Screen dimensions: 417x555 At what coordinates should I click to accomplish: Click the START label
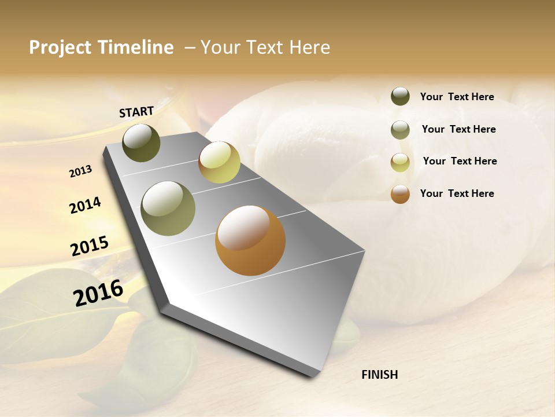136,112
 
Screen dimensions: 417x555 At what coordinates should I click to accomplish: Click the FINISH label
379,375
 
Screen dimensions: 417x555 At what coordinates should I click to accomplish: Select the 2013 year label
81,171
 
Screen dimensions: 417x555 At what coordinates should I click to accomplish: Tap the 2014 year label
85,205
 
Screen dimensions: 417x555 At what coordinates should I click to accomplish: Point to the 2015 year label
90,246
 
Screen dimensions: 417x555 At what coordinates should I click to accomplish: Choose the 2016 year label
98,292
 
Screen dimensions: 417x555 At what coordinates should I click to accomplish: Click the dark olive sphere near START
141,143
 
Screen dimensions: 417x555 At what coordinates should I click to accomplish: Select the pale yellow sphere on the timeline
219,162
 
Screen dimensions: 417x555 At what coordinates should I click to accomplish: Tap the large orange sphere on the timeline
250,240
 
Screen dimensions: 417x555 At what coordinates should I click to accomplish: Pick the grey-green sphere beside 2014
168,209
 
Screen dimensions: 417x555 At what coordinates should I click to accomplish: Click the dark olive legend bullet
400,97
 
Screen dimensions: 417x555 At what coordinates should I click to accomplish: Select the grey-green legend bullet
400,130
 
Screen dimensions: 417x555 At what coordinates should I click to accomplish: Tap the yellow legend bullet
400,162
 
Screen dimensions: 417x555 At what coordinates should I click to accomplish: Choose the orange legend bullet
400,194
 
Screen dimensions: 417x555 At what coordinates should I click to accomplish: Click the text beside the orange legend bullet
457,193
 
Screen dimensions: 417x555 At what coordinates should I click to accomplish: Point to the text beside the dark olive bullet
457,97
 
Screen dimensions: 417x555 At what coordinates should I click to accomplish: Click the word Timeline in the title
136,47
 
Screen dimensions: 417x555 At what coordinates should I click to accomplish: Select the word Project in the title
60,47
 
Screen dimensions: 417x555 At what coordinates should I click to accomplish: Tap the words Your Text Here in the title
265,47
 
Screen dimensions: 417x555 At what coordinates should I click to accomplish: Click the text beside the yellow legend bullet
460,161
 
